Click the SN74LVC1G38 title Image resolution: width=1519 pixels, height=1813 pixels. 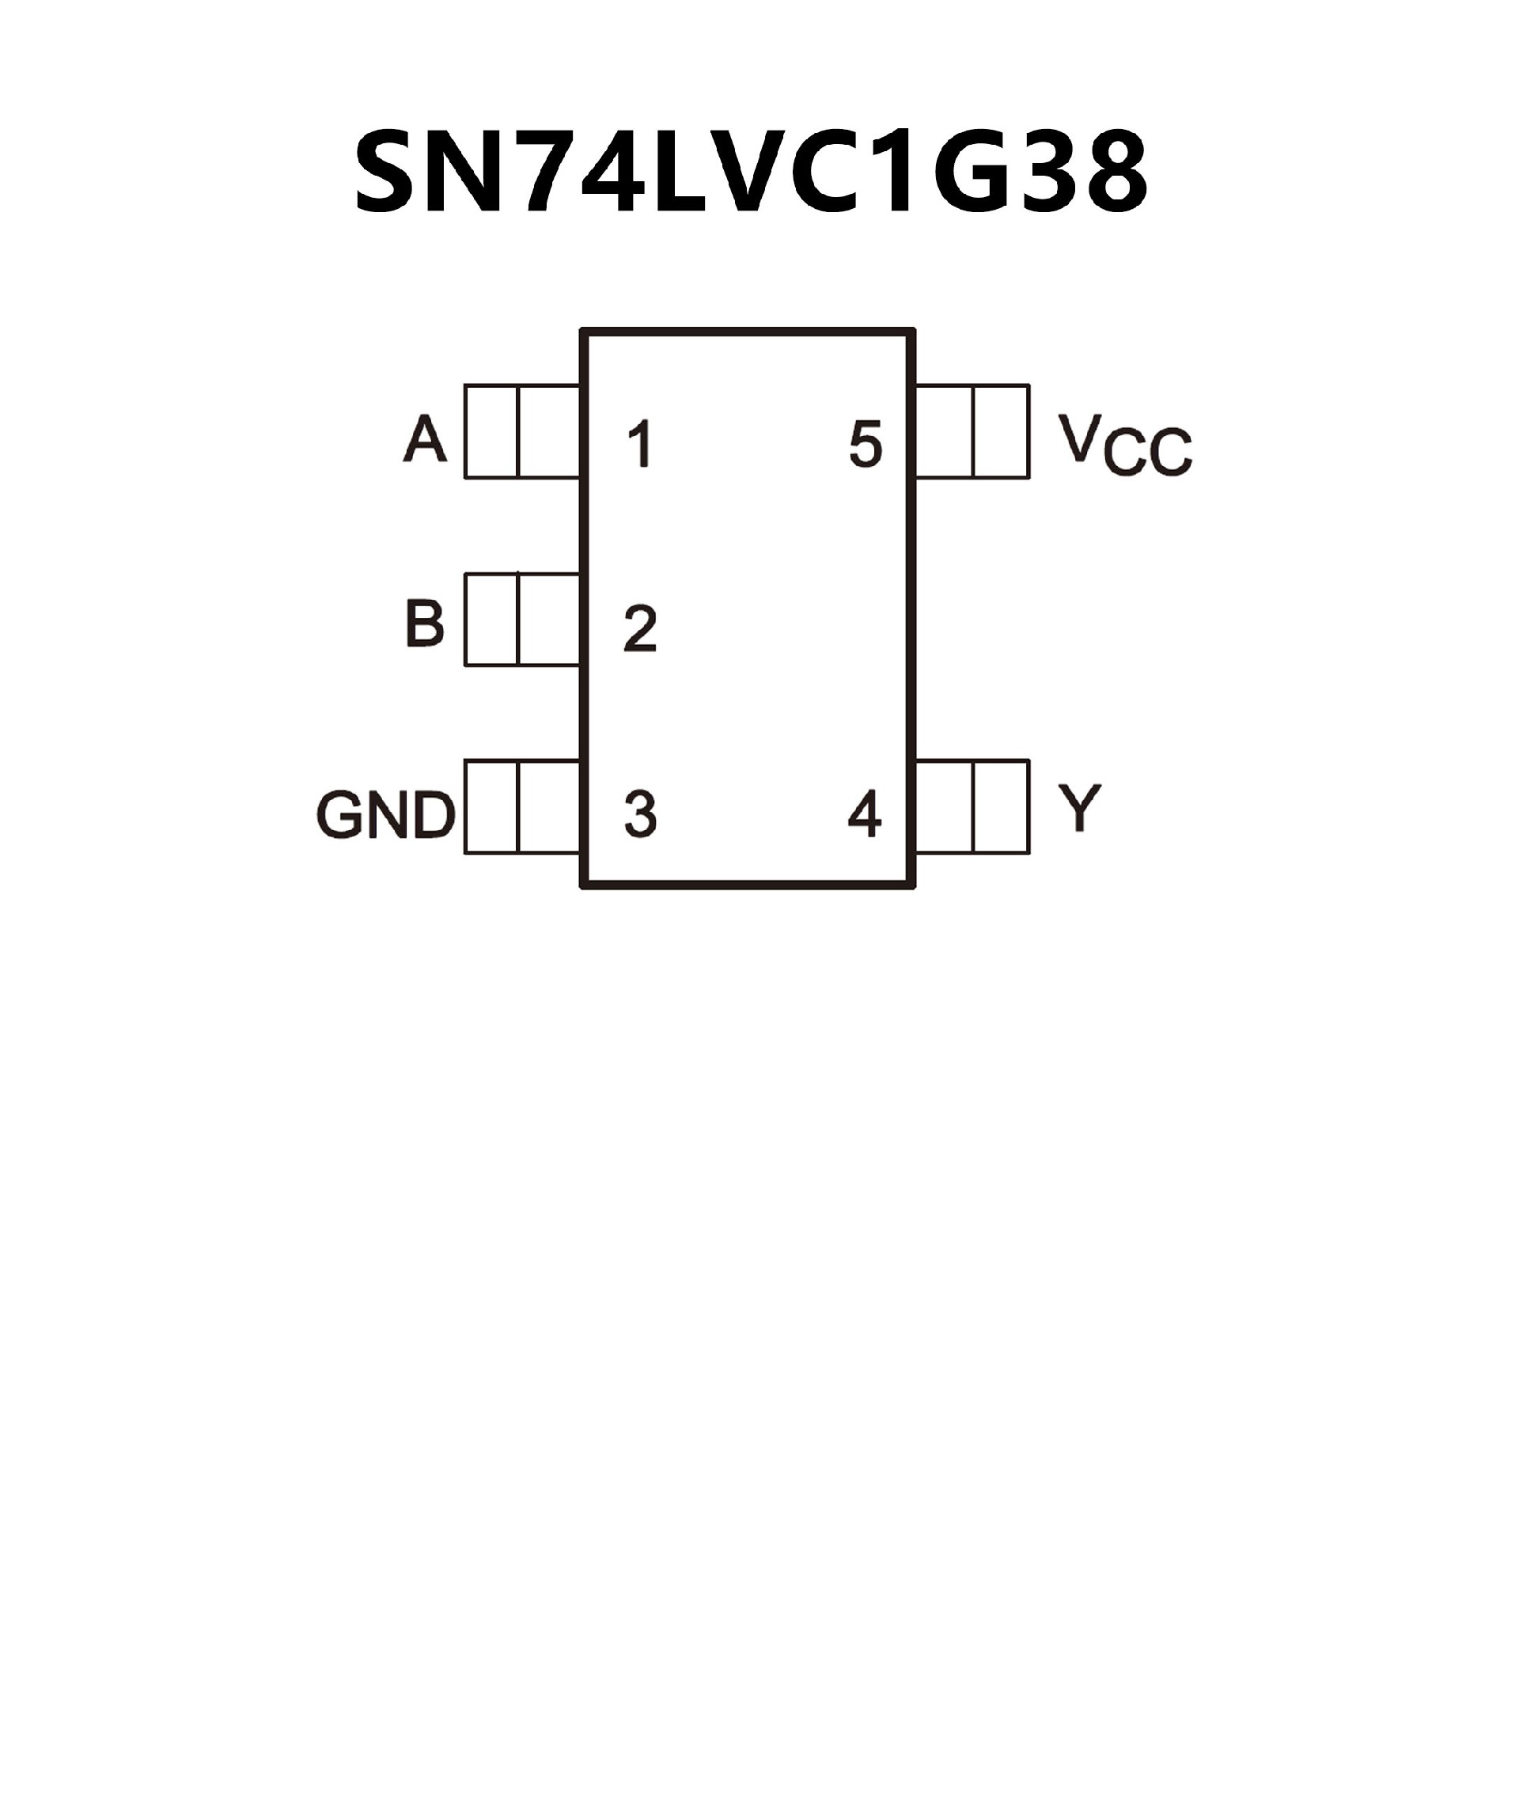pos(751,172)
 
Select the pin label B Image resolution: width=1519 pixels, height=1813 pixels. pos(425,624)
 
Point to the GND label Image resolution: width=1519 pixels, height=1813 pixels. pos(386,814)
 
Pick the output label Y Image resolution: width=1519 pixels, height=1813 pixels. pos(1080,807)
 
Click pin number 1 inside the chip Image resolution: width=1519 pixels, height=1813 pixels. pos(639,444)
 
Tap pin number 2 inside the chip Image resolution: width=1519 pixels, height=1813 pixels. pos(640,628)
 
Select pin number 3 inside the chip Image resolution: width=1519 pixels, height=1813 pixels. pos(640,814)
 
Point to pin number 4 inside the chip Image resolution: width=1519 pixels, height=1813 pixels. pos(865,814)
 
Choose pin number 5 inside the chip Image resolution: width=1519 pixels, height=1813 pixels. pos(866,444)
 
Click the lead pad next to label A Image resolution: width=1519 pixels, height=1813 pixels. pos(522,430)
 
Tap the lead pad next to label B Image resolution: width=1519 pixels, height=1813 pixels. pos(522,620)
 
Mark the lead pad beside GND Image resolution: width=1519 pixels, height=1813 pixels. pos(522,806)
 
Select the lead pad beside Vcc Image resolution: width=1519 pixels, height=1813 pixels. pos(972,430)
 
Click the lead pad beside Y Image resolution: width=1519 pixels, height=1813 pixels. pos(972,806)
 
